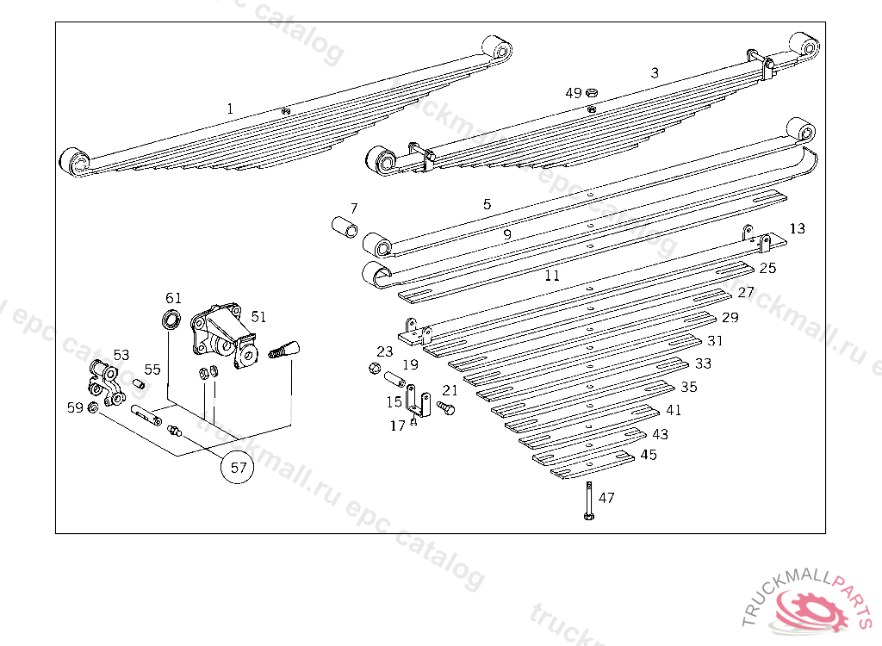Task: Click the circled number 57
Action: [239, 468]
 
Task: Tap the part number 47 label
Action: [607, 498]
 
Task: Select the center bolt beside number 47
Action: [587, 500]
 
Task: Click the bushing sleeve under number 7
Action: [345, 230]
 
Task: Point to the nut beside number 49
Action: [592, 92]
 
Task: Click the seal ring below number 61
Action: [171, 320]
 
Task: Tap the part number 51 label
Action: [258, 316]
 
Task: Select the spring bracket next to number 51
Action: [223, 337]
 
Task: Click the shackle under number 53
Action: [103, 382]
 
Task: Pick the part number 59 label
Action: [75, 407]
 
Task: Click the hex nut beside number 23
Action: [374, 369]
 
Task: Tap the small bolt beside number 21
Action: [446, 408]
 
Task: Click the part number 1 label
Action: [230, 109]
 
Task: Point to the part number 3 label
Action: [655, 73]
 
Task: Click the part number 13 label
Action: [798, 228]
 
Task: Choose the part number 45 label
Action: [649, 454]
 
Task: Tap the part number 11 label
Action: [552, 276]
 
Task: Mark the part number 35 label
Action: [689, 387]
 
